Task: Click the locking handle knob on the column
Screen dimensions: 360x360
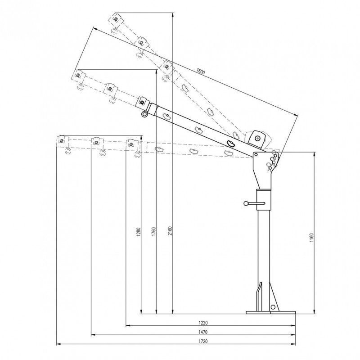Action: pyautogui.click(x=246, y=204)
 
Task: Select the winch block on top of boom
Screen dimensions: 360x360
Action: pyautogui.click(x=257, y=138)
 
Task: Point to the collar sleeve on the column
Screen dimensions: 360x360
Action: pyautogui.click(x=264, y=200)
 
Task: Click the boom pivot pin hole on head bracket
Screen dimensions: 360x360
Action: pyautogui.click(x=257, y=155)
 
